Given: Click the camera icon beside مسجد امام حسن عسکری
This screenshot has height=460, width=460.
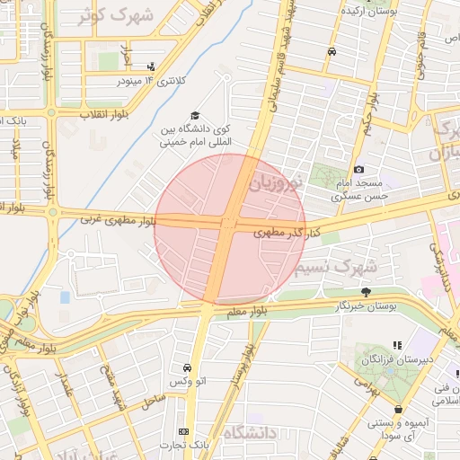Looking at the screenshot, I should click(358, 170).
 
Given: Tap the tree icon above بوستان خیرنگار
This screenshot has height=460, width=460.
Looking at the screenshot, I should click(366, 292).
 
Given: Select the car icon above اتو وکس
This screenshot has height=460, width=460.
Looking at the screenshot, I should click(186, 368).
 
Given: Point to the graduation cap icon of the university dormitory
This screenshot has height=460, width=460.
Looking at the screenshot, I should click(194, 117).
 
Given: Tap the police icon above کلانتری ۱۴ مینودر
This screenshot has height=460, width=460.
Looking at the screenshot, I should click(150, 66).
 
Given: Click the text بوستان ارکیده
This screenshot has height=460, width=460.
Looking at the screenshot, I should click(366, 9).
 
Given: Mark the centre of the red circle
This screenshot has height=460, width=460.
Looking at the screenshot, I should click(230, 229).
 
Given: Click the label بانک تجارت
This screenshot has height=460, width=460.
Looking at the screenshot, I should click(184, 446).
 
